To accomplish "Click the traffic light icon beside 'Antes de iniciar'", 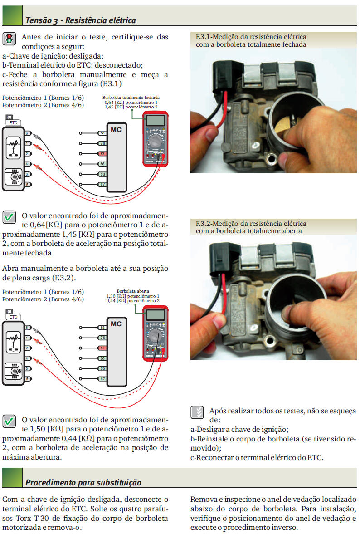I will click(9, 39).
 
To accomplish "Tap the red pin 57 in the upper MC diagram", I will click(102, 154).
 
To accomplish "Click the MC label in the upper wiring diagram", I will click(117, 130).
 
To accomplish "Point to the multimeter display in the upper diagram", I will click(156, 121).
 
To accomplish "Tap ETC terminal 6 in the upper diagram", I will click(28, 133).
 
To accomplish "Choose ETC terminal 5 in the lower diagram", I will click(28, 378).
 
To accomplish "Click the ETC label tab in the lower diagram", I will click(13, 317).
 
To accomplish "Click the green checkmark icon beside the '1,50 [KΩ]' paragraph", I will click(9, 421).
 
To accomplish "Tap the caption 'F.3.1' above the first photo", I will click(202, 36).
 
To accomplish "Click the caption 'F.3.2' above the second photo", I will click(202, 224).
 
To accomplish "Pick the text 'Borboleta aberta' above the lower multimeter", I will click(133, 291).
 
